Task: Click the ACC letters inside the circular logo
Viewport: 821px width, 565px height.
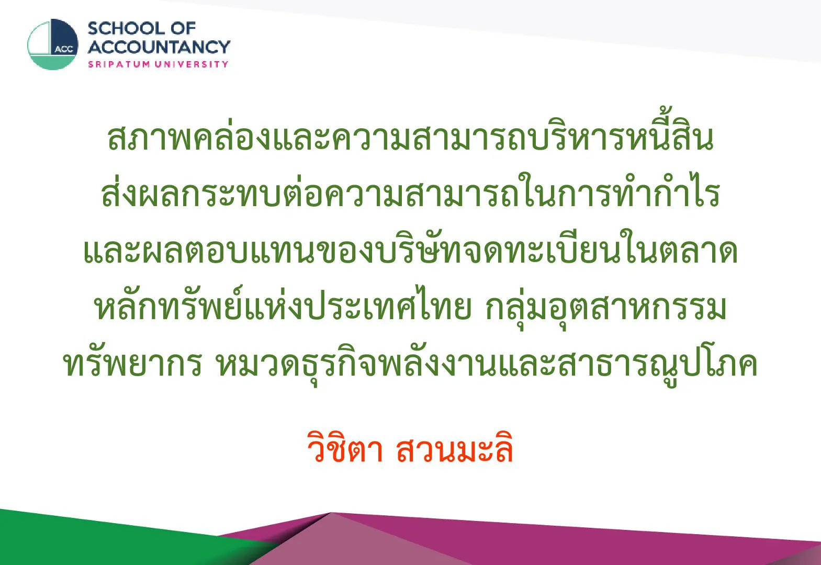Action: tap(64, 49)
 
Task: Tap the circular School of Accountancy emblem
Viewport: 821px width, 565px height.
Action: tap(53, 44)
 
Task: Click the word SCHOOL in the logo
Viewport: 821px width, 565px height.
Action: tap(127, 29)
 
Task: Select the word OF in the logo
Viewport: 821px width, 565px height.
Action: tap(184, 29)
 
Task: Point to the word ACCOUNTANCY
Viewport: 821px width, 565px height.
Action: tap(159, 47)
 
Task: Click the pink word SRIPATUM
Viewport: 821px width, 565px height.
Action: tap(119, 64)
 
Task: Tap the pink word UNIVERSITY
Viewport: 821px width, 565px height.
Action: tap(192, 64)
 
